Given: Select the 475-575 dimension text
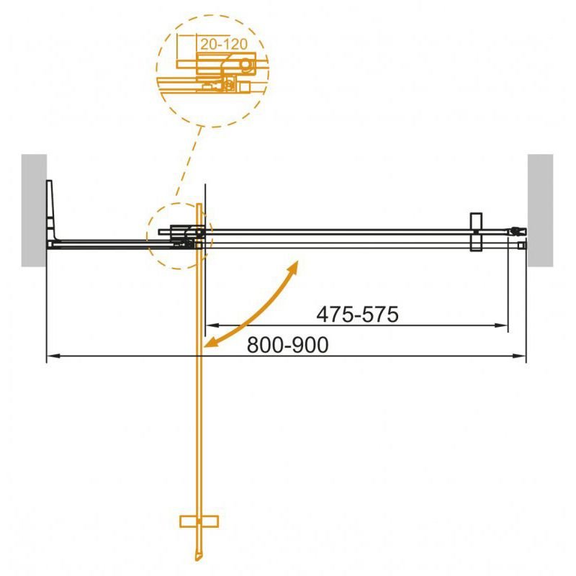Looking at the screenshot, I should tap(357, 315).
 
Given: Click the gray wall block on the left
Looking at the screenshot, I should tap(34, 210).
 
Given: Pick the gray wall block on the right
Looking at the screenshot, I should tap(540, 210).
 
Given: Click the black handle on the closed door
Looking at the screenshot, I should tap(474, 232).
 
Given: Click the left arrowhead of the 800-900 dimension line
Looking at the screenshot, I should tap(52, 356).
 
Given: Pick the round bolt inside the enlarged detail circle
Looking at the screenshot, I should tap(246, 66).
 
